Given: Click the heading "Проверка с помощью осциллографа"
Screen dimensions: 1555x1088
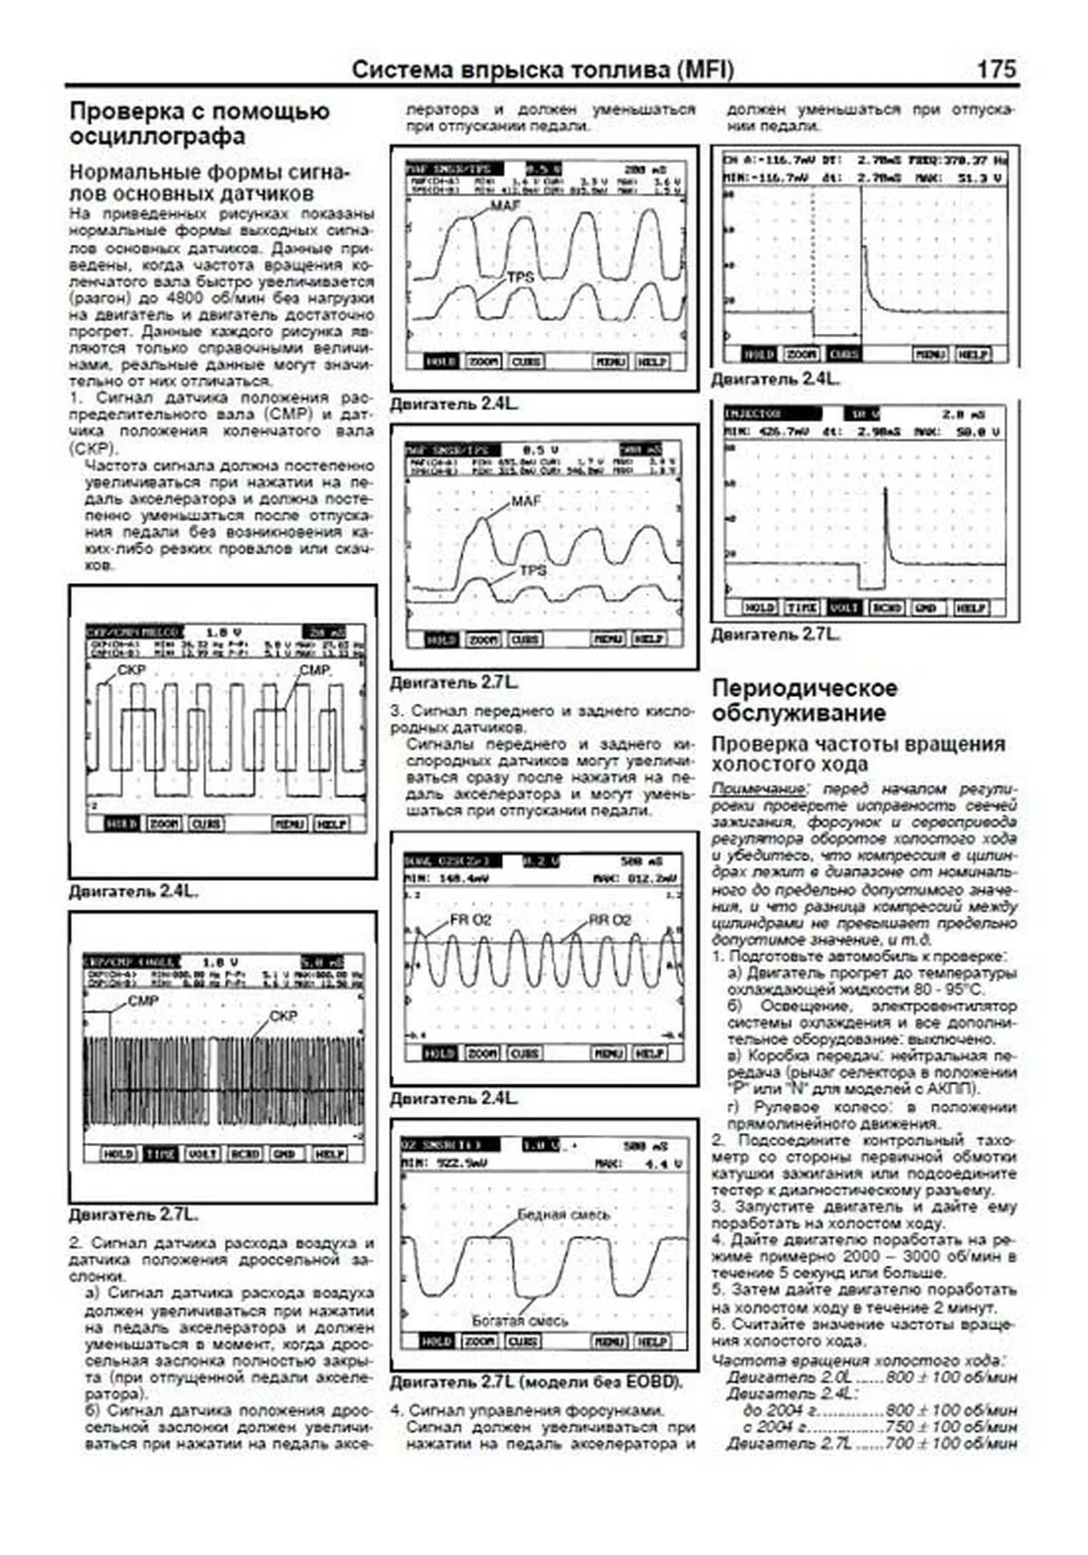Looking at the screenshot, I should tap(199, 123).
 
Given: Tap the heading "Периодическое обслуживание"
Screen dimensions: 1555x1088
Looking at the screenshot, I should tap(804, 699).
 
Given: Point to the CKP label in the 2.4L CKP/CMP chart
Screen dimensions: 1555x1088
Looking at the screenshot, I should tap(131, 670).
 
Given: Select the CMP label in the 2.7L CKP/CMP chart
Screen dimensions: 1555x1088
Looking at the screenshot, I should tap(143, 1001).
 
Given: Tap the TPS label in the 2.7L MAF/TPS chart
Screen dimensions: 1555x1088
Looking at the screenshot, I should tap(533, 570).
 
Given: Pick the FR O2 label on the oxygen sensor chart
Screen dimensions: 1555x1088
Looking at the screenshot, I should tap(470, 920).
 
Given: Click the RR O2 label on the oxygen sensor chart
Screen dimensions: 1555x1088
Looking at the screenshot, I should tap(609, 920).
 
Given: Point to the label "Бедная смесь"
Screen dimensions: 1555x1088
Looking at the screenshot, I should tap(563, 1214).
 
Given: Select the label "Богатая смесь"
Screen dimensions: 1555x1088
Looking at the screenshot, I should tap(520, 1320).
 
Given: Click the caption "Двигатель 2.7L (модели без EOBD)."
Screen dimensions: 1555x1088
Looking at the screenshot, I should tap(536, 1382).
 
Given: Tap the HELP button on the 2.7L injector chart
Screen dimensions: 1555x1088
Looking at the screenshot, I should tap(969, 607).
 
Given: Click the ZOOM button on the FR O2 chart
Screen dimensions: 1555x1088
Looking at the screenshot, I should tap(481, 1053).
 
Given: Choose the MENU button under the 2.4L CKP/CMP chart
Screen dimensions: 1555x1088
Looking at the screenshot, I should tap(289, 824).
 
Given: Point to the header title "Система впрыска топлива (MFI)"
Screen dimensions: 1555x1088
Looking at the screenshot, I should tap(542, 70).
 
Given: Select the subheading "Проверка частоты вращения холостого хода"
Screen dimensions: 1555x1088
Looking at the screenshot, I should tap(858, 753).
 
